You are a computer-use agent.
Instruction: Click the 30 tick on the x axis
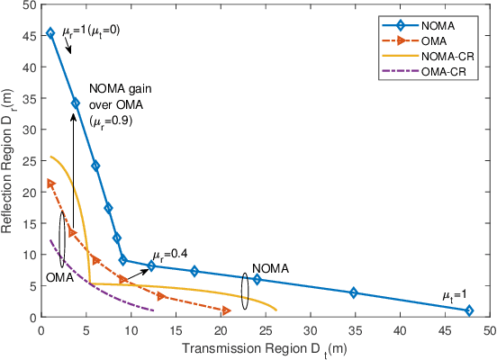312,329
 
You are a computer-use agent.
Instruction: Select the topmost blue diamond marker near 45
50,33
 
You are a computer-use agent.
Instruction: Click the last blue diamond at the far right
469,310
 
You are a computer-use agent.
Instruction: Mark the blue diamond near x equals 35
354,292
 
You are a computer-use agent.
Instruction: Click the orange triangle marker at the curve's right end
226,310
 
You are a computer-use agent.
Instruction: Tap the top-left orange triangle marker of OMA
50,183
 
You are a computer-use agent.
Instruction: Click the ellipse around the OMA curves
61,239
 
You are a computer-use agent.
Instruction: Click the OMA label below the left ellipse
59,280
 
